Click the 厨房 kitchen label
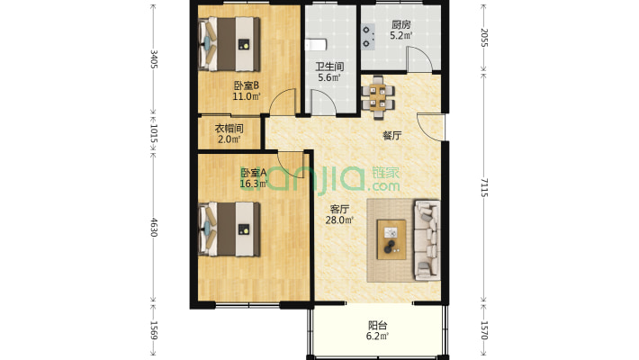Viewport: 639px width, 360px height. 401,24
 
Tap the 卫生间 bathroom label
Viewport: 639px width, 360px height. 329,67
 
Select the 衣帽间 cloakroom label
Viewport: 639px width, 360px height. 229,129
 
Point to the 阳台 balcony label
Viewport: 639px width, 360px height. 378,325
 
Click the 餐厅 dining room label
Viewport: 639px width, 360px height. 392,136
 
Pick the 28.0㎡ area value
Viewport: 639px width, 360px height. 339,220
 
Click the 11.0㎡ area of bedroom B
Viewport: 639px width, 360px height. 246,96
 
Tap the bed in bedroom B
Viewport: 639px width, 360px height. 229,44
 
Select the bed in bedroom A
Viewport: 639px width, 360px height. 229,229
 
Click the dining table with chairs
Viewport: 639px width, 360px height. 378,97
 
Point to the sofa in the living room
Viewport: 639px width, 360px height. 427,240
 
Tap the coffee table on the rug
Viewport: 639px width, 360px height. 391,239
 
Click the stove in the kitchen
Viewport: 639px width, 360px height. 368,37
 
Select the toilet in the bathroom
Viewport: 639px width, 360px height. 316,44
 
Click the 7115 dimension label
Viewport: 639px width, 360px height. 483,187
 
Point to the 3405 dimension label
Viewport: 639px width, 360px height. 154,58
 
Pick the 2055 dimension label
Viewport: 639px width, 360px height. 483,38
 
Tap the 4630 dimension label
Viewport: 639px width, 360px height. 154,227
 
